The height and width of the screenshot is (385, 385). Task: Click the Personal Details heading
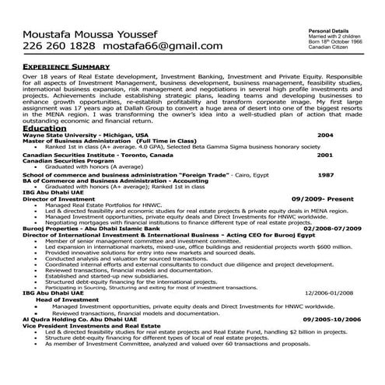pyautogui.click(x=307, y=28)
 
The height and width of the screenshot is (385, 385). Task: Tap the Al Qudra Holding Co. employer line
pyautogui.click(x=80, y=319)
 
